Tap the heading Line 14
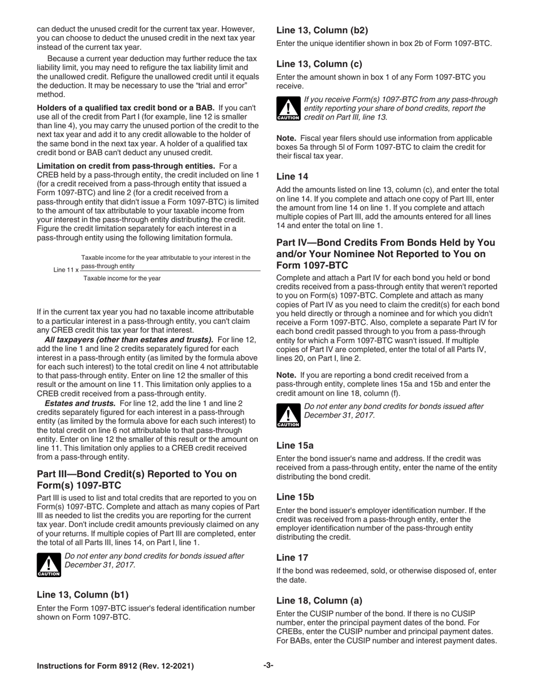point(292,177)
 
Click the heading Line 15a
point(295,445)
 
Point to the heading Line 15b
point(295,497)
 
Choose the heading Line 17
point(292,557)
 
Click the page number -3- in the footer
point(268,665)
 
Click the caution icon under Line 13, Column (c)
point(288,109)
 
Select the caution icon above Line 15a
point(288,415)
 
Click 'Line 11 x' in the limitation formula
point(66,269)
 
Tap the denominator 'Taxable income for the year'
point(122,278)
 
